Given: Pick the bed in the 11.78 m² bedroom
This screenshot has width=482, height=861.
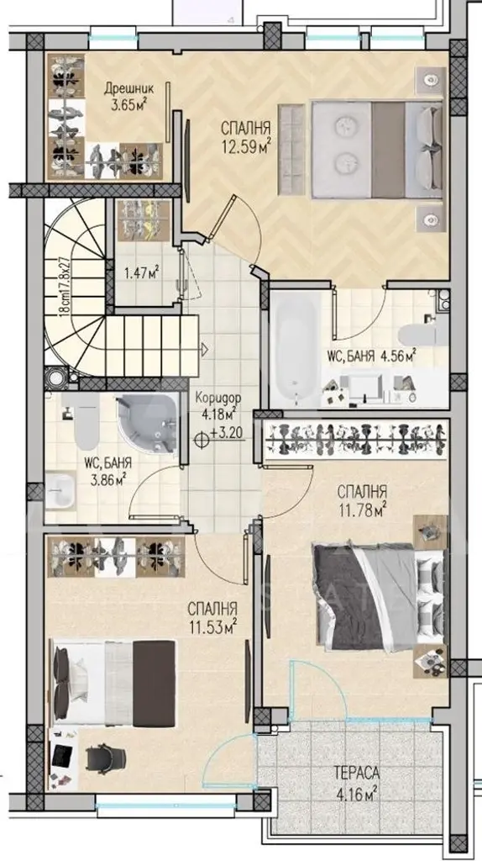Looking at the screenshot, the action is coord(379,598).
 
